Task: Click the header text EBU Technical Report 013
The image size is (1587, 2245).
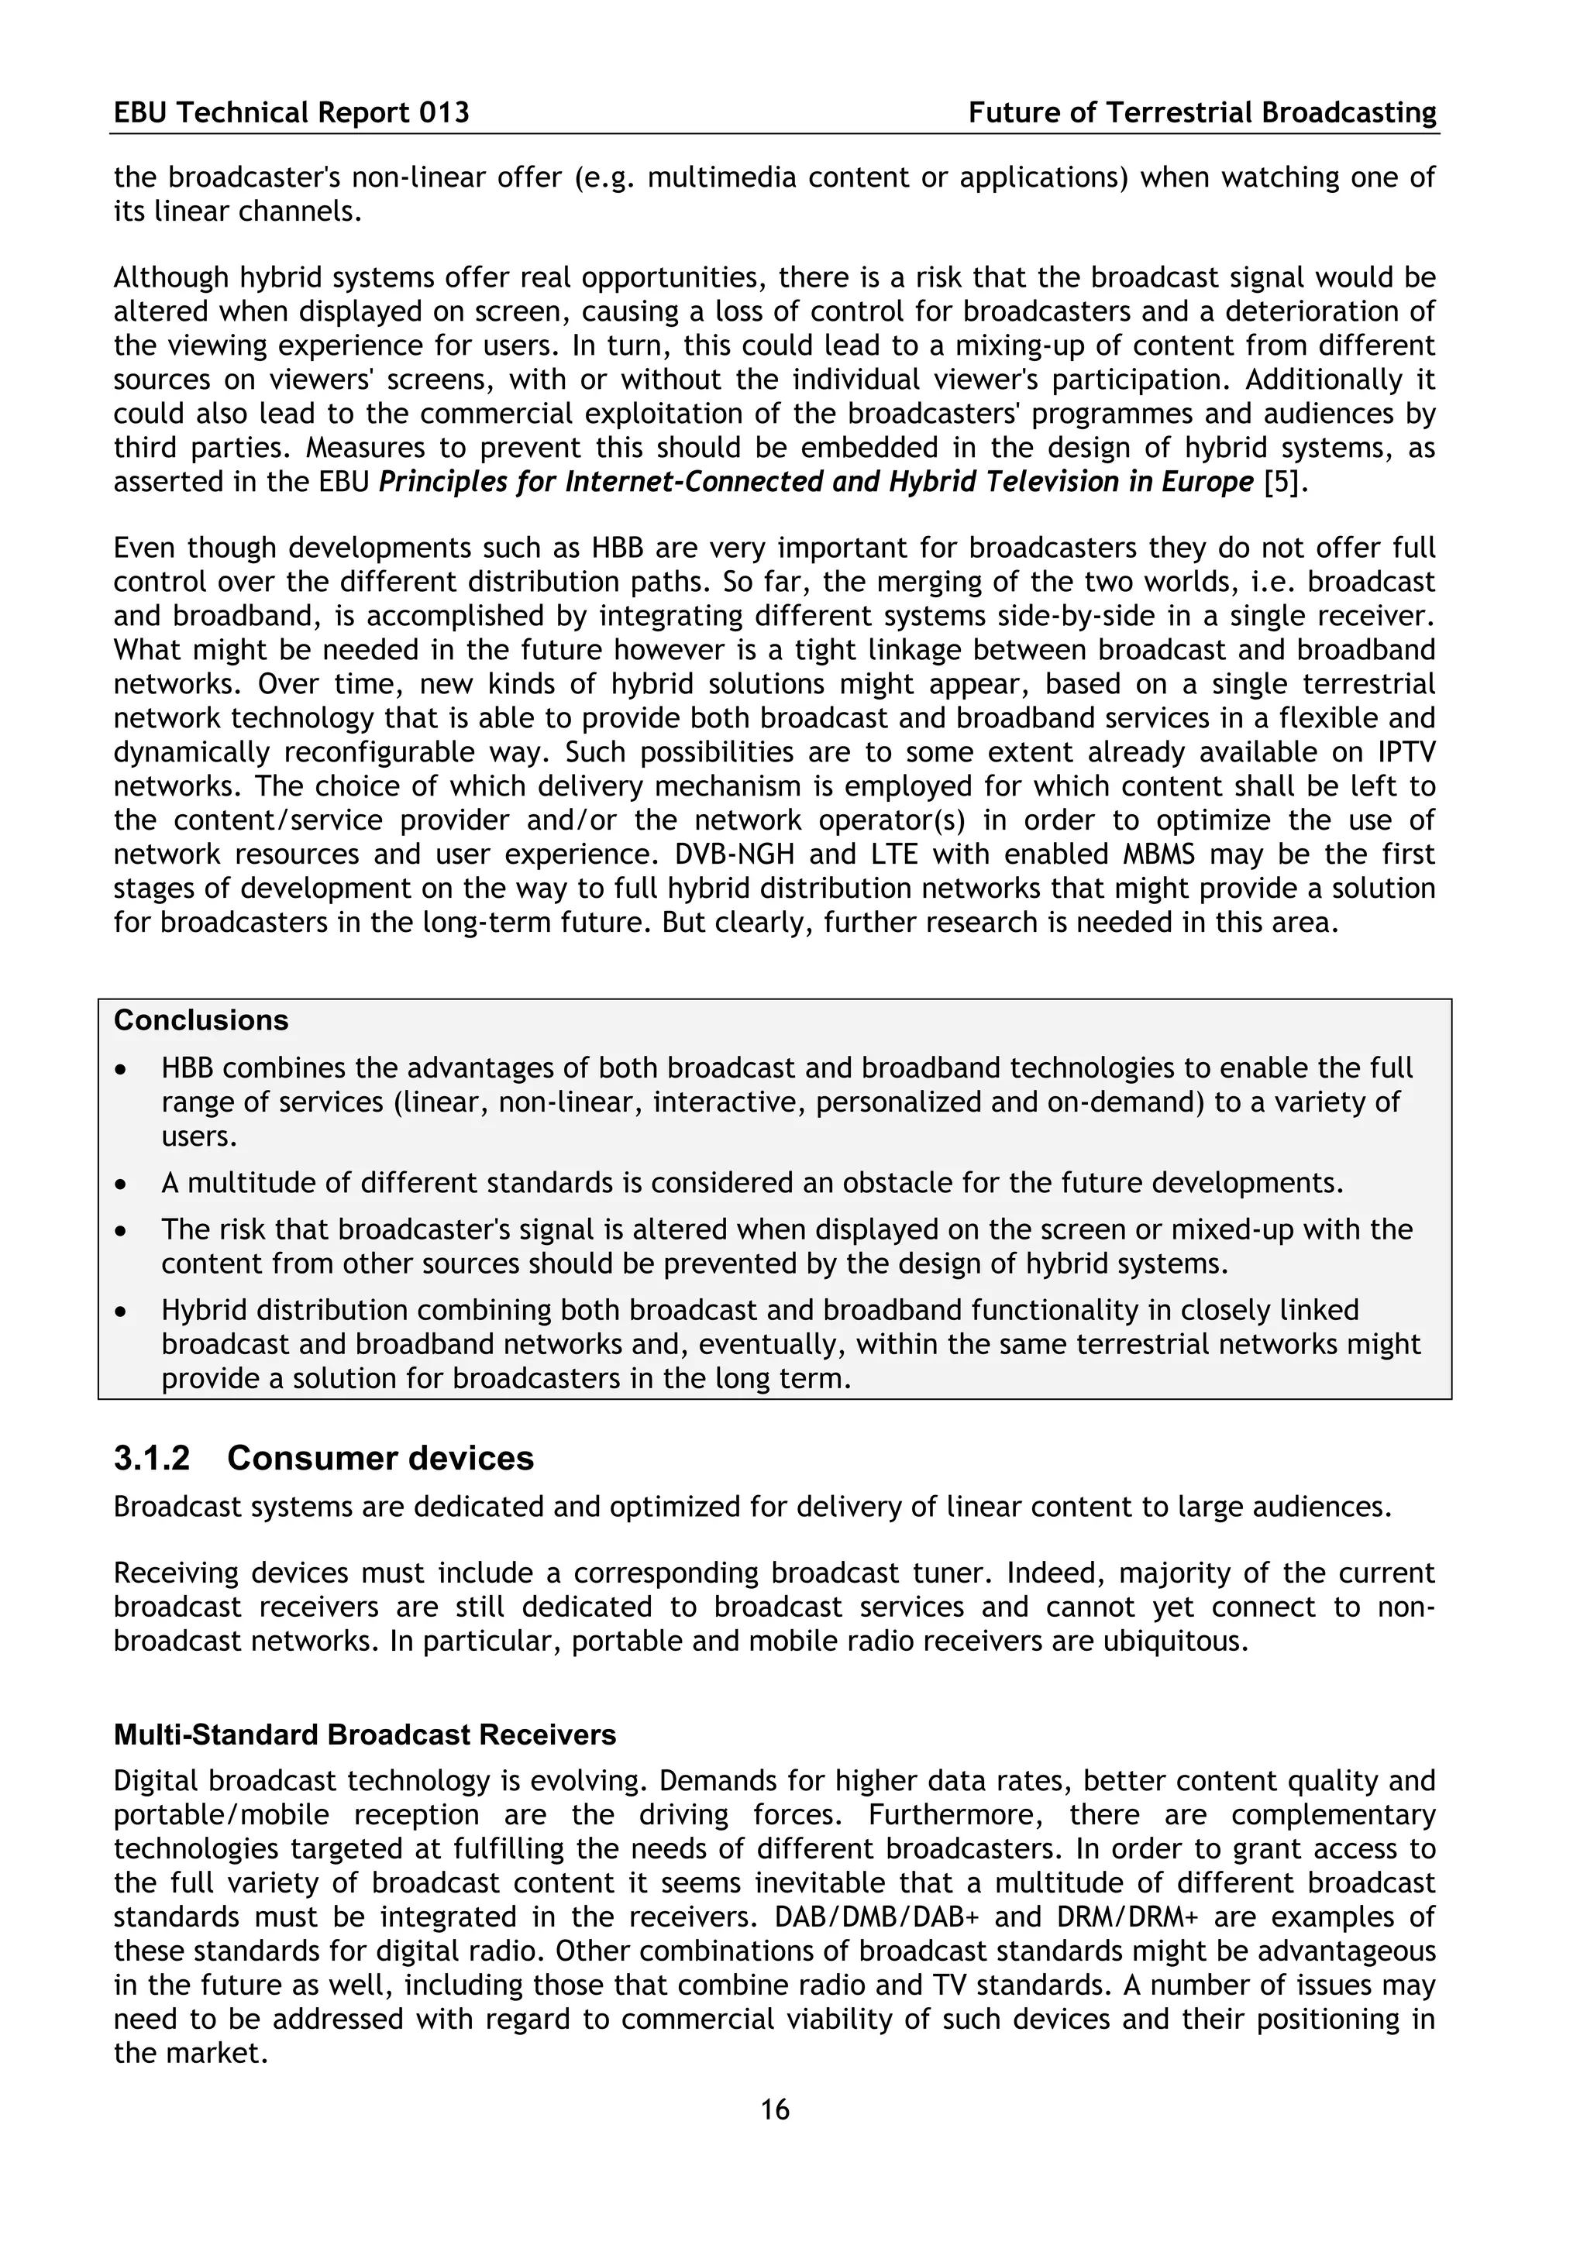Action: coord(291,113)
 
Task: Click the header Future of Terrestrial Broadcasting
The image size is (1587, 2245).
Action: coord(1202,113)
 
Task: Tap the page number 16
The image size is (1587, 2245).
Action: coord(774,2109)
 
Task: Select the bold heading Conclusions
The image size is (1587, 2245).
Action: coord(201,1019)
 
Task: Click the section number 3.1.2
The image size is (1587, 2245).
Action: coord(153,1458)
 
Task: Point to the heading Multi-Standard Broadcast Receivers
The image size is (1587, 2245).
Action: coord(365,1734)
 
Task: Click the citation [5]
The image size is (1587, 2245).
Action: coord(1284,482)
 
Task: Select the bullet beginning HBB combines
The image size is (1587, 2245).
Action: coord(120,1070)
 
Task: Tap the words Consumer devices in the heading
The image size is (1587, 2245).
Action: coord(380,1458)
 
